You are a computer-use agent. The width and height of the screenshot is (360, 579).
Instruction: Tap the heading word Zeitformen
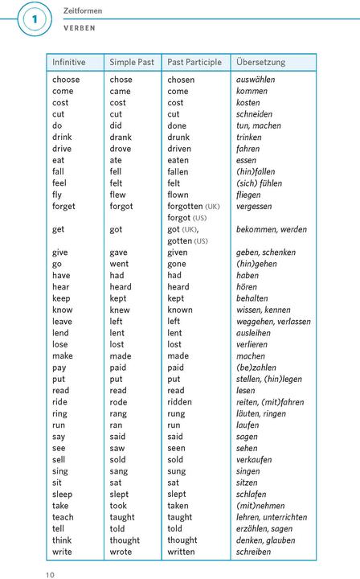(83, 10)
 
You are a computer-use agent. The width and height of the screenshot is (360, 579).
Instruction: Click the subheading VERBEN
(80, 27)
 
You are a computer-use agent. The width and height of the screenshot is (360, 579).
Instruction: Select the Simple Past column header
(132, 62)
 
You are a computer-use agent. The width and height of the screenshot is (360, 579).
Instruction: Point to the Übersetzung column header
(260, 62)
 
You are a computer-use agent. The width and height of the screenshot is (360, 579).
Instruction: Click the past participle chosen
(181, 80)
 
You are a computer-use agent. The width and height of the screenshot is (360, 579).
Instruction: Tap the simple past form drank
(121, 138)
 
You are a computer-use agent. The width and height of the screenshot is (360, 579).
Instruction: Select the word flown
(179, 195)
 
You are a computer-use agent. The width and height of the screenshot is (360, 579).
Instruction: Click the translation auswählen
(256, 80)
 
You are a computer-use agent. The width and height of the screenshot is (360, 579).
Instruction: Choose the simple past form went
(119, 264)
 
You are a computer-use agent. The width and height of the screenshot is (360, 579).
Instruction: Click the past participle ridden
(181, 402)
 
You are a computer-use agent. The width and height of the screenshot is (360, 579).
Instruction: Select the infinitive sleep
(63, 494)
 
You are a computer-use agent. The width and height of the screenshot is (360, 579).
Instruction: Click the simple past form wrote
(121, 552)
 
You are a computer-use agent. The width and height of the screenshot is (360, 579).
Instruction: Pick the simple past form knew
(120, 310)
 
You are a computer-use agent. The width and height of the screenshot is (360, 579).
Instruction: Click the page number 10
(50, 574)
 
